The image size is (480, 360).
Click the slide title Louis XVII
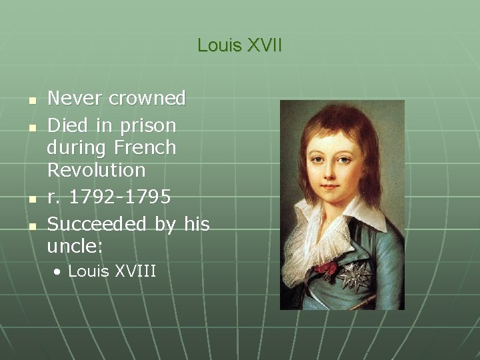click(239, 45)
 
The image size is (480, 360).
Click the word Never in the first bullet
click(75, 99)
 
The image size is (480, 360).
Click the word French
click(145, 147)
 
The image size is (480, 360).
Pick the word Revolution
click(96, 170)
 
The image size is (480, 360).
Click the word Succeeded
click(99, 224)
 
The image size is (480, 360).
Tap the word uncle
click(72, 247)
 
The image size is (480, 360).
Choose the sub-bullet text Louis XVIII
click(112, 271)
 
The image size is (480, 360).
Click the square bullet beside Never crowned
click(31, 101)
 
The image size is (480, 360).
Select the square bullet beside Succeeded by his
click(31, 226)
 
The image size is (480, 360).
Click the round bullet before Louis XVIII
click(59, 272)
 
